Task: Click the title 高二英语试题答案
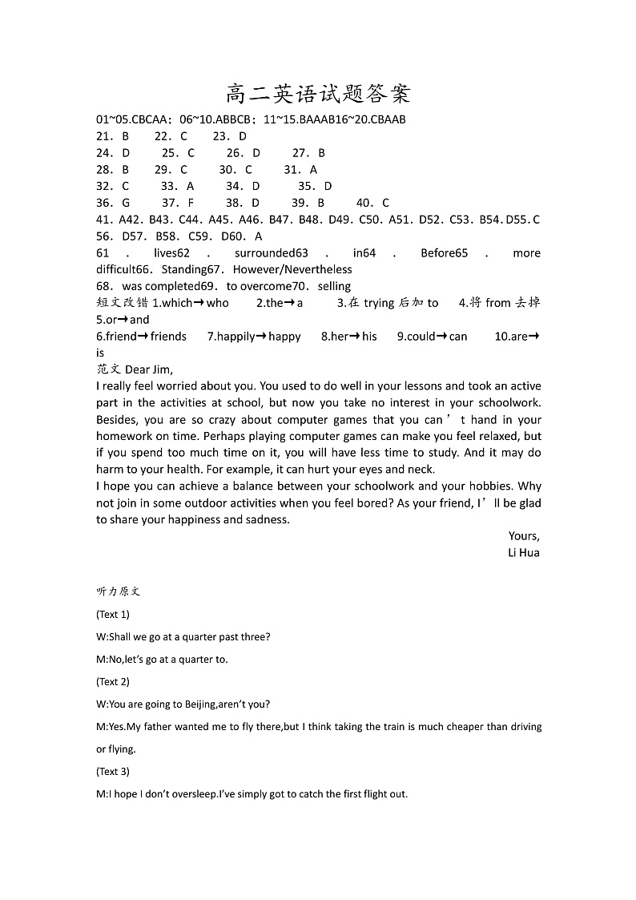point(318,95)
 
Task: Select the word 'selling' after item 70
point(334,286)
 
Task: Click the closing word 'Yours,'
point(524,536)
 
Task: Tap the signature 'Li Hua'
point(524,553)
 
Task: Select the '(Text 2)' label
point(113,682)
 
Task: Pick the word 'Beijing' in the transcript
point(195,704)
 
